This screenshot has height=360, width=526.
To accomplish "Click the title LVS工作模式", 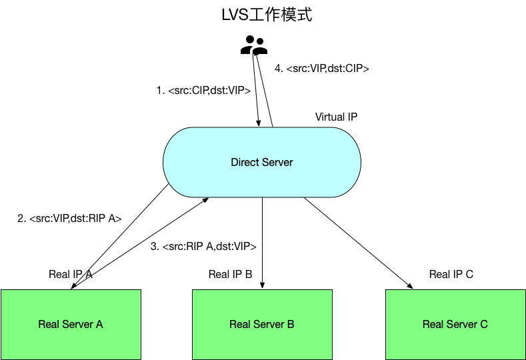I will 267,15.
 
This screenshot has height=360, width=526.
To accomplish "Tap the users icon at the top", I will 254,45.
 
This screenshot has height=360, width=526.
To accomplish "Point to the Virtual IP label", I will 336,117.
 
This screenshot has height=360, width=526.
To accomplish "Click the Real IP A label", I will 70,274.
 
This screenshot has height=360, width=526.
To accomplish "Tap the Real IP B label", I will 230,274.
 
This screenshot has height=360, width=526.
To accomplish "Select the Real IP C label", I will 451,274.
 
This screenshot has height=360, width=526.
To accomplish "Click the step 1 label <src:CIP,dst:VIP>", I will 203,90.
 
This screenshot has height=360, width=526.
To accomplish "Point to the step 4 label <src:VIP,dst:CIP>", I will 322,68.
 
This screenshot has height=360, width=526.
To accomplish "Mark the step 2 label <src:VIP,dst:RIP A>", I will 69,217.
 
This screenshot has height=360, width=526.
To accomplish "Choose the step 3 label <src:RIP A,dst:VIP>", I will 204,247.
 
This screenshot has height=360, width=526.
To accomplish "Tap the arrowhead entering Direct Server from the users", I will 259,122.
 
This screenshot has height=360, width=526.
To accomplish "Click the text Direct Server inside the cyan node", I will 262,163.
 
